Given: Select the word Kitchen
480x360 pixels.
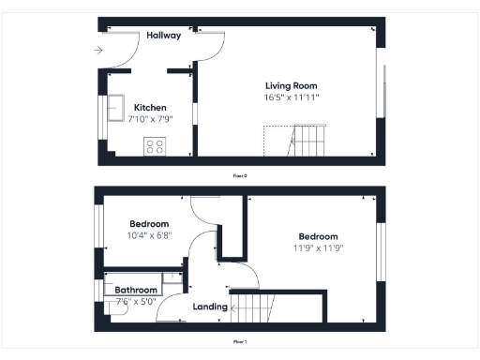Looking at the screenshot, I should (x=150, y=107).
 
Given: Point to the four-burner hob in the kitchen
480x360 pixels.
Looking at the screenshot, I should (x=154, y=146).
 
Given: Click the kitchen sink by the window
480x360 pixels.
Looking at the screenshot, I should (x=118, y=104).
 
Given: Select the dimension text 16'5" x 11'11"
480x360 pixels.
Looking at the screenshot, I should (x=291, y=97).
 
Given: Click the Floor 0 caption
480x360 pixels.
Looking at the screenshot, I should (x=240, y=175).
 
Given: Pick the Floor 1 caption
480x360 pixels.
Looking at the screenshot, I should (x=240, y=342).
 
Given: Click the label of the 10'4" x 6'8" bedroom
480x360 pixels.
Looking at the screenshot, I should (x=148, y=224).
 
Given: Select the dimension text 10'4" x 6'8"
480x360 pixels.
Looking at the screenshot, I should (x=148, y=235).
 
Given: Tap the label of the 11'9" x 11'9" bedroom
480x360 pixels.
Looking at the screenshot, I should (x=318, y=236).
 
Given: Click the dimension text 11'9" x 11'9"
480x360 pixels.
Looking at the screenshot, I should (x=318, y=247).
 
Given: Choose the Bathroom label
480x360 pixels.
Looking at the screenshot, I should (x=136, y=291).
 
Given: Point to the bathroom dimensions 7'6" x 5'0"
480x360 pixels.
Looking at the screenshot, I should (x=136, y=301).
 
